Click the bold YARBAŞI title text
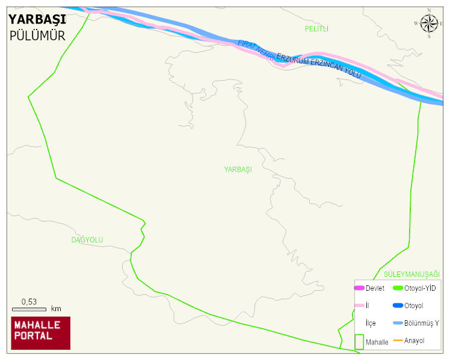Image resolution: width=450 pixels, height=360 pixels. click(37, 19)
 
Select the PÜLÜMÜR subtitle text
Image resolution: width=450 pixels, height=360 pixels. click(37, 36)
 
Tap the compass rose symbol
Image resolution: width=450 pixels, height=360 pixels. click(429, 23)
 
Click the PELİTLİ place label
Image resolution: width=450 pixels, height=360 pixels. click(316, 29)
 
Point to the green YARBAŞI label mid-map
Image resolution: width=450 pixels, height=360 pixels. click(238, 170)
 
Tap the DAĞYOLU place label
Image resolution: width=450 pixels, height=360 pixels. click(87, 240)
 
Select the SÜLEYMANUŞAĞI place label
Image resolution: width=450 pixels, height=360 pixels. click(411, 275)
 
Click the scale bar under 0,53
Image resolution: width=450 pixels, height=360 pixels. click(29, 309)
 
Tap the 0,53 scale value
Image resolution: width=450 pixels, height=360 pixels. click(29, 302)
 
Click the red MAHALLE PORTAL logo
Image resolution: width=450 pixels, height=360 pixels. click(40, 333)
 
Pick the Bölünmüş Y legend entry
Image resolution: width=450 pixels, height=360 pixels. click(421, 323)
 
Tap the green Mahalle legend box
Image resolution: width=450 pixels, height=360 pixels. click(359, 342)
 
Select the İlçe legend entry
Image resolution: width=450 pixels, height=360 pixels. click(371, 323)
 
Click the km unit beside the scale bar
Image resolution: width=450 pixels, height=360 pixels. click(56, 309)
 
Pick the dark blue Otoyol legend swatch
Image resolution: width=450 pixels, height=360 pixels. click(397, 306)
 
